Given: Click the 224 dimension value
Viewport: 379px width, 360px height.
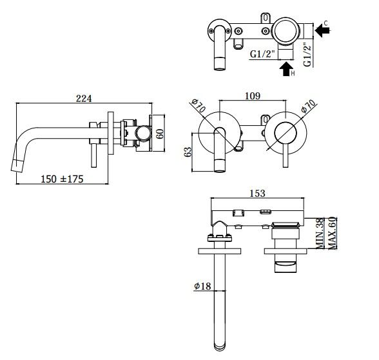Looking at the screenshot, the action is click(84, 99).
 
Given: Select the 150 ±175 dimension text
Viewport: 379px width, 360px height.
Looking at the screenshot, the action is click(62, 179).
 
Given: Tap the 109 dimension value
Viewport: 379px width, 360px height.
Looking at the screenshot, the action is click(253, 96).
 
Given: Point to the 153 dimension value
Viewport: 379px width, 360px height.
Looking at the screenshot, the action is click(257, 194).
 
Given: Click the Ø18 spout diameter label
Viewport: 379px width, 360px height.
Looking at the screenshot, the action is click(202, 286).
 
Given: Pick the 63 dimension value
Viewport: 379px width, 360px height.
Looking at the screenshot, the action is click(188, 152).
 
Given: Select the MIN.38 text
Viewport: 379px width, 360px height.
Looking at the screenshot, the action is click(320, 234).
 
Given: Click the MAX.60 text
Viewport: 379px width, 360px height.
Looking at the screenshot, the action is click(332, 233).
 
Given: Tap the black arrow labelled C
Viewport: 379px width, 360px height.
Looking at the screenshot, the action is click(323, 30).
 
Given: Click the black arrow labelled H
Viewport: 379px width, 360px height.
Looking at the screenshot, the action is click(286, 69).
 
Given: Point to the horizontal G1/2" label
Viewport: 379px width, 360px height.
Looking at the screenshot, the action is click(262, 54).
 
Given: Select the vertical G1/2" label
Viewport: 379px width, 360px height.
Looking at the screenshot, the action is click(307, 55).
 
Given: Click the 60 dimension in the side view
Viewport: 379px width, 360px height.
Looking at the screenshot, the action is click(160, 134).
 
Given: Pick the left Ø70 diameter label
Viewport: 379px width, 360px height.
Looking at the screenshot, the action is click(199, 106).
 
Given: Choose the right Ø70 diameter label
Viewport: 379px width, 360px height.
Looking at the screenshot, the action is click(309, 106).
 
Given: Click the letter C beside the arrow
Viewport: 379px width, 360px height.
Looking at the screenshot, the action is click(326, 23).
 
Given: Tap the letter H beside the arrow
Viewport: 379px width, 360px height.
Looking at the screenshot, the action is click(293, 74).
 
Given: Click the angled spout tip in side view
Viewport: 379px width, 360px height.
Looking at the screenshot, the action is click(17, 165).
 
